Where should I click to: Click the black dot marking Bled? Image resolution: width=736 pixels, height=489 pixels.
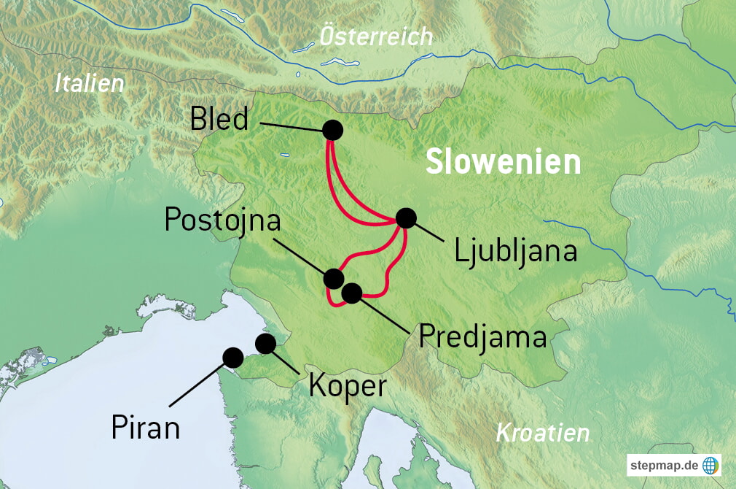[x=332, y=130]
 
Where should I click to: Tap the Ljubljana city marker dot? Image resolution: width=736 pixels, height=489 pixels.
[x=406, y=217]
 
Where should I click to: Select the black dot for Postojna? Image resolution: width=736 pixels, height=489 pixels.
[x=333, y=278]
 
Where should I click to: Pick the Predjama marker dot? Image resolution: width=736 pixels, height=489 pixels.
[x=351, y=293]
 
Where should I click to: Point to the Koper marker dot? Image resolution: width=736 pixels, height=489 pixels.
[x=265, y=343]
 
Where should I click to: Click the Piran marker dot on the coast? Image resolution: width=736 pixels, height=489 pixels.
[x=233, y=357]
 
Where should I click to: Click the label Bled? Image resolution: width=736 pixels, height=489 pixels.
[x=219, y=119]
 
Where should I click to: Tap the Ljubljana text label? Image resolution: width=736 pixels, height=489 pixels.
[x=515, y=251]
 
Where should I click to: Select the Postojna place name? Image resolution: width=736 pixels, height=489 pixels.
[x=222, y=219]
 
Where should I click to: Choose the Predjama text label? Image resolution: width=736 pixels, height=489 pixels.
[x=482, y=337]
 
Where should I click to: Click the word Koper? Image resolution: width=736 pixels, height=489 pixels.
[x=347, y=385]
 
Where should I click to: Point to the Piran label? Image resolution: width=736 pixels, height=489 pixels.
[x=145, y=427]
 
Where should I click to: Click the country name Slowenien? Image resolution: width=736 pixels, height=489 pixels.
[x=503, y=162]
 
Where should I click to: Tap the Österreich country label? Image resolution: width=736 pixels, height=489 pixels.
[x=376, y=36]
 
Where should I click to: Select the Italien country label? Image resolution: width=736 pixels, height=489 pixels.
[x=90, y=83]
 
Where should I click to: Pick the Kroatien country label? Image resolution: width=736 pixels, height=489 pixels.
[x=542, y=433]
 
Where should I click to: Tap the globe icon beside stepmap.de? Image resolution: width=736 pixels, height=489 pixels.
[x=710, y=465]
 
